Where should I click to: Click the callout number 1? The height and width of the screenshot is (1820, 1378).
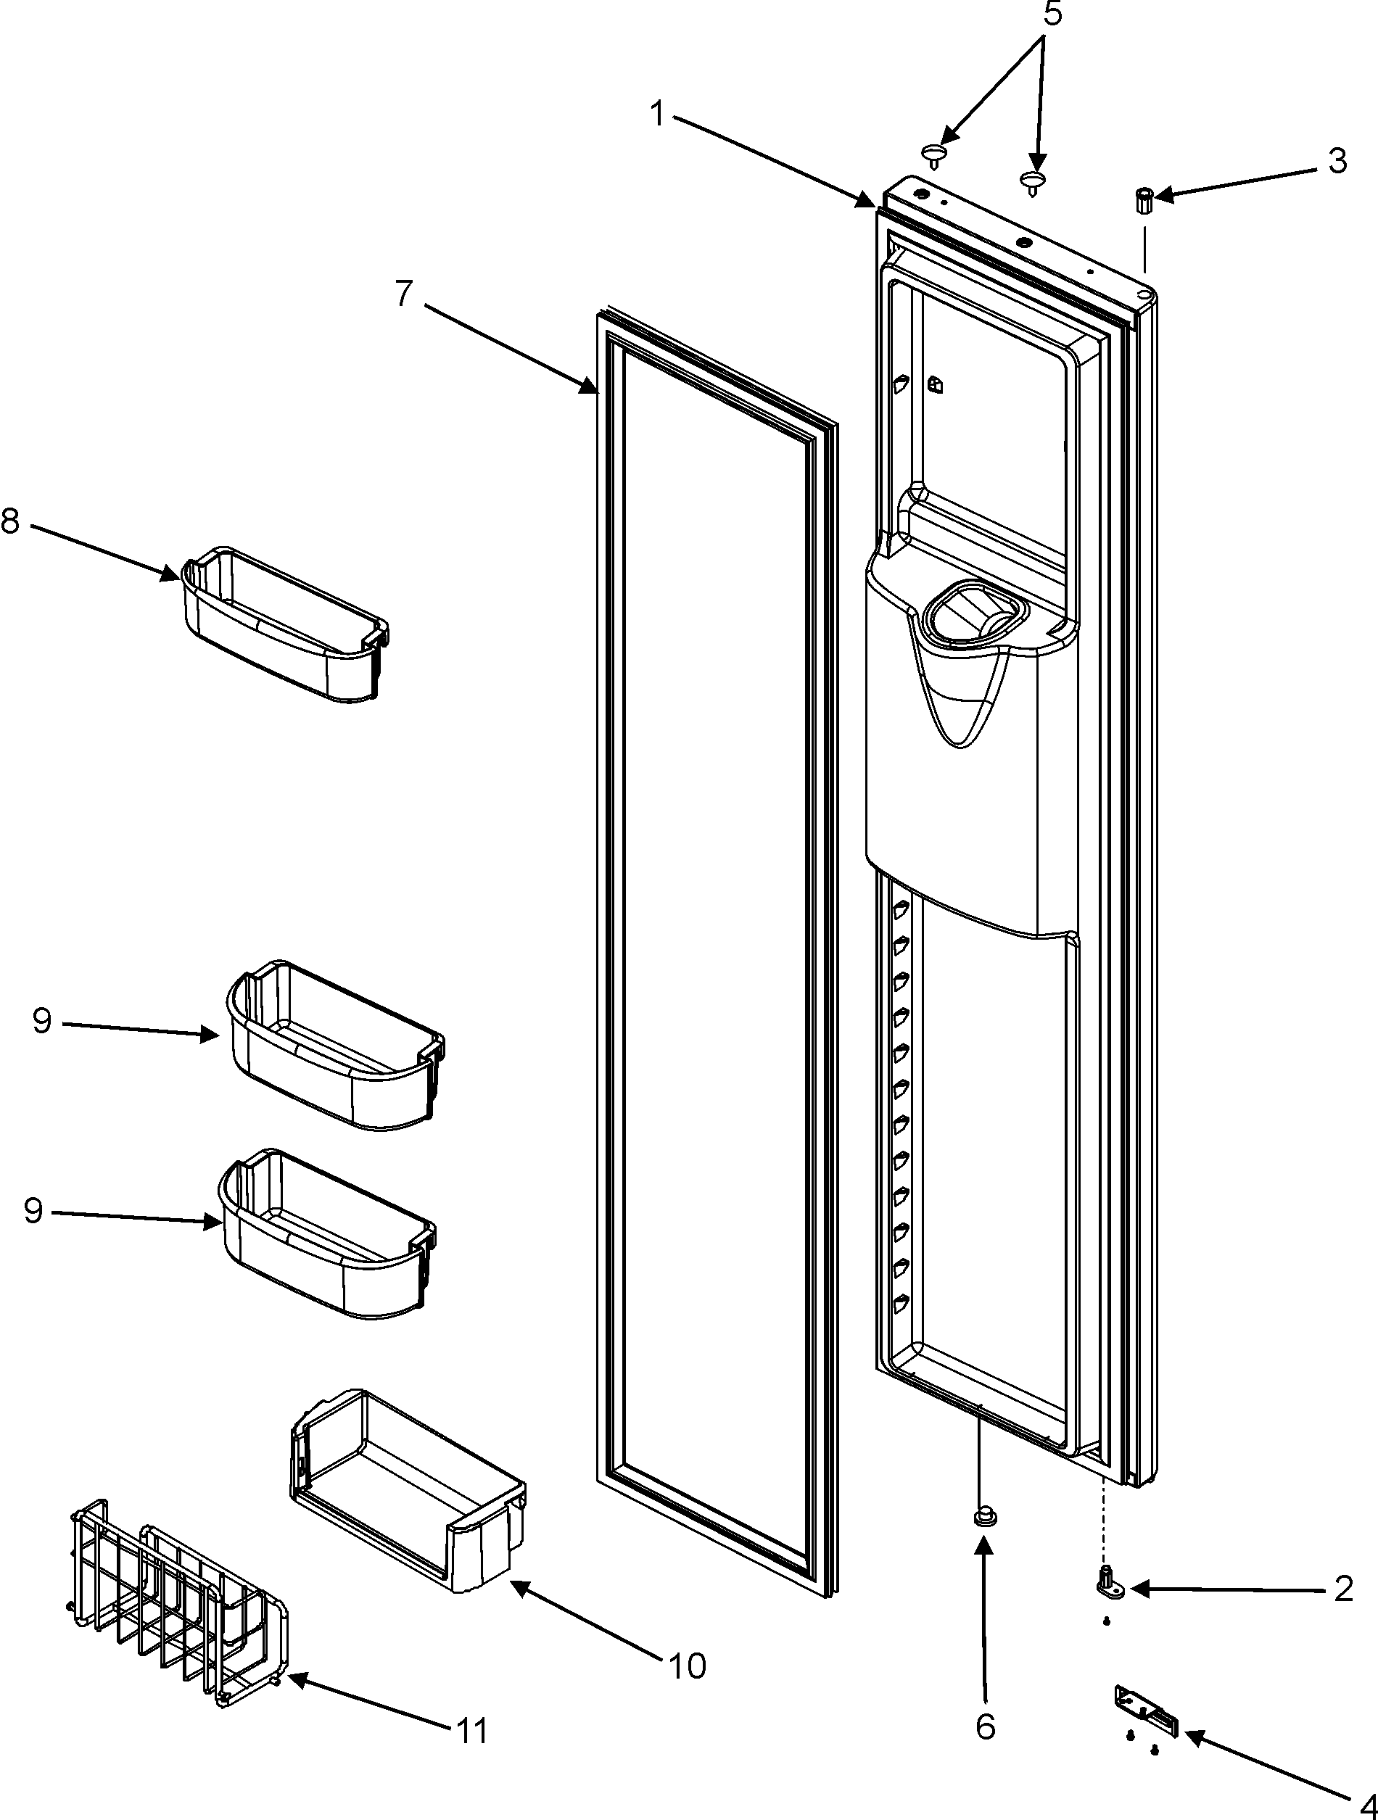pyautogui.click(x=656, y=114)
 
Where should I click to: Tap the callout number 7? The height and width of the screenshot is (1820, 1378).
pyautogui.click(x=403, y=294)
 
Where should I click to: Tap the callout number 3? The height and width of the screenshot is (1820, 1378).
pyautogui.click(x=1337, y=160)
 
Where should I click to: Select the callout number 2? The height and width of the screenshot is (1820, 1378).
pyautogui.click(x=1343, y=1589)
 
